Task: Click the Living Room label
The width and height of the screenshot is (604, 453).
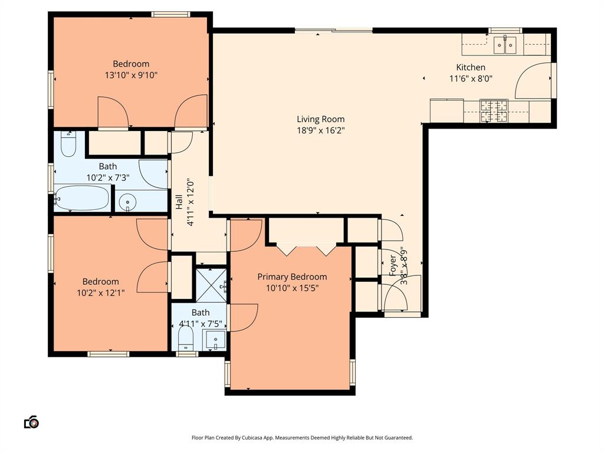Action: pyautogui.click(x=320, y=119)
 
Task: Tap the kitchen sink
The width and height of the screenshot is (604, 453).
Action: pyautogui.click(x=505, y=44)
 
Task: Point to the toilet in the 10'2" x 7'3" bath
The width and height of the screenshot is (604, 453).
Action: pyautogui.click(x=68, y=144)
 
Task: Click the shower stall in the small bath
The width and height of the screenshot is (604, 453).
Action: pyautogui.click(x=211, y=285)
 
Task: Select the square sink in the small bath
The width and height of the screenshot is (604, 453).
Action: pyautogui.click(x=214, y=339)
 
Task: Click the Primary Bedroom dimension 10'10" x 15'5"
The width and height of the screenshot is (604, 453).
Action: pyautogui.click(x=292, y=288)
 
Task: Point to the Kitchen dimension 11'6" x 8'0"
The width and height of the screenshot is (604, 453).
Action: pyautogui.click(x=471, y=78)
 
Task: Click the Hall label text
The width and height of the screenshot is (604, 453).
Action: pyautogui.click(x=179, y=202)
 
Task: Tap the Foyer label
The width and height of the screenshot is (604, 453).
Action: pyautogui.click(x=393, y=265)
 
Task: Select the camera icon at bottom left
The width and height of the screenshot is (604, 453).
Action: pyautogui.click(x=31, y=422)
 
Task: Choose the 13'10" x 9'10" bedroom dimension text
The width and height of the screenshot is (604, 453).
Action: pyautogui.click(x=131, y=75)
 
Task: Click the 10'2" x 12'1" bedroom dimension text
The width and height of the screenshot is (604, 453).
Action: pyautogui.click(x=100, y=293)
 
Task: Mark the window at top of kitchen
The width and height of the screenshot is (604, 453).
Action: pyautogui.click(x=505, y=30)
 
